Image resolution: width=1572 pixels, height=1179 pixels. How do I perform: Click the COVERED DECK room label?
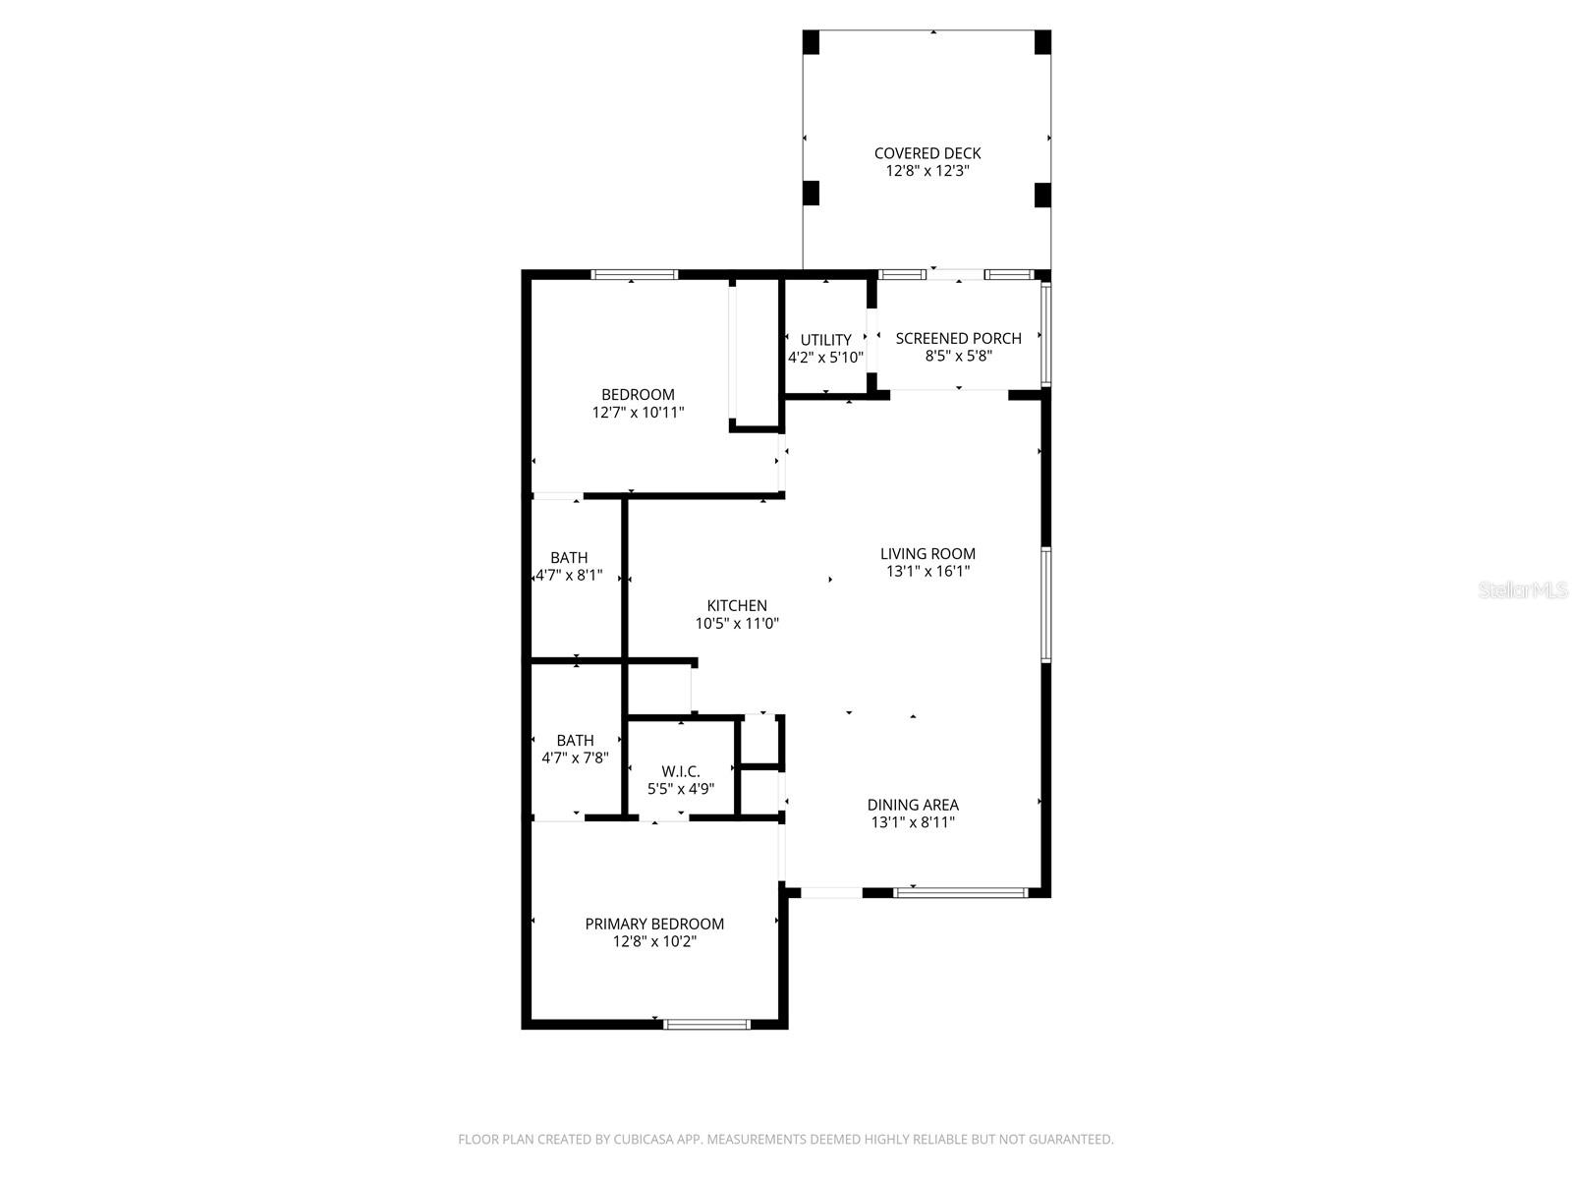927,153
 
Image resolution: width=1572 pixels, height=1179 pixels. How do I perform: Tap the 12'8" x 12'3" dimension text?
927,171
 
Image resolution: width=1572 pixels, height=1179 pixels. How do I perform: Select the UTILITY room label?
825,340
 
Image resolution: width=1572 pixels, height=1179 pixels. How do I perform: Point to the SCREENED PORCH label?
958,338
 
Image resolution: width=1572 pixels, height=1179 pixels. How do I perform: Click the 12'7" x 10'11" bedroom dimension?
638,413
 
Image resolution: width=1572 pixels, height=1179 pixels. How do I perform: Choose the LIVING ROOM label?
927,553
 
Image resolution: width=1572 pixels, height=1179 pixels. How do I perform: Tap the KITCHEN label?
737,605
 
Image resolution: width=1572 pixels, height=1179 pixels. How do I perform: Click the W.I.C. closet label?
680,771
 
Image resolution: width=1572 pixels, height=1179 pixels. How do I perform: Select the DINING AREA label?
913,805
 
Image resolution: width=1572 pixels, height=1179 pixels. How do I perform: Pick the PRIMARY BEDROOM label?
654,924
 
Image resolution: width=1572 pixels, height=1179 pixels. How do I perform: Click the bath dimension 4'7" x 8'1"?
569,576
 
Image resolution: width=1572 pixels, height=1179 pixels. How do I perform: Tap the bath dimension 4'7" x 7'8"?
575,758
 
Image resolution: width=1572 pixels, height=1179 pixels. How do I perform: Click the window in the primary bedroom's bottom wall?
707,1024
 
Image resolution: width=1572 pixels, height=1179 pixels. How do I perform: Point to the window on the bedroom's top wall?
634,275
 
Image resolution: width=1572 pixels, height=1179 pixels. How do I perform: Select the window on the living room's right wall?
1046,604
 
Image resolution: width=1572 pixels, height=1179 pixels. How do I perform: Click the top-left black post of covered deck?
811,42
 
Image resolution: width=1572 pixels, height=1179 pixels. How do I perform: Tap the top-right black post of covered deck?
1042,42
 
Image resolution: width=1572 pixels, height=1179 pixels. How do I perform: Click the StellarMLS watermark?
1522,589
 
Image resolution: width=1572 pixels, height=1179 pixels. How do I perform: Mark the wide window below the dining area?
960,893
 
